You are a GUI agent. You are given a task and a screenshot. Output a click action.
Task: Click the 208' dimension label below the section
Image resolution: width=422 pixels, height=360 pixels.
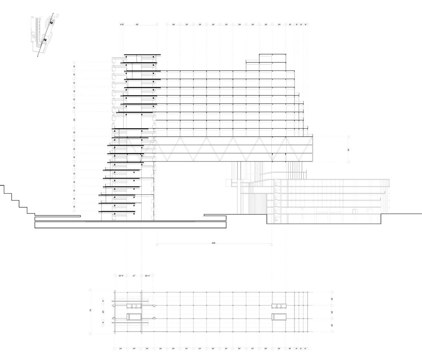tap(214, 243)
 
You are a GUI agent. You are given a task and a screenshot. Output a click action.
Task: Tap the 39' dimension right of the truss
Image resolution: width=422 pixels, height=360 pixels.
tap(349, 149)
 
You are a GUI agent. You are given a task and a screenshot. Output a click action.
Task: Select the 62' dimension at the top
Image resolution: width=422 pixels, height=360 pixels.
tap(137, 25)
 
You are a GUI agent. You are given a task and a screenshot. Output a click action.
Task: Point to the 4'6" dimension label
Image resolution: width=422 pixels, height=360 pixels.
tap(122, 25)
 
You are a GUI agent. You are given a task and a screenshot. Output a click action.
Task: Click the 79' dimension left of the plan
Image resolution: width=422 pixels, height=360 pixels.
tap(90, 311)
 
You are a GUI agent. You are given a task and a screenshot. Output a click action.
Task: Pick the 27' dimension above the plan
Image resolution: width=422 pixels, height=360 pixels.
tap(134, 276)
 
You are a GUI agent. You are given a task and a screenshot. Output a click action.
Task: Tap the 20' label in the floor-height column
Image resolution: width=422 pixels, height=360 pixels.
tap(74, 120)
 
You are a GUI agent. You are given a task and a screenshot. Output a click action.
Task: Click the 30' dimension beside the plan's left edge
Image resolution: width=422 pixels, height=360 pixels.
tap(103, 312)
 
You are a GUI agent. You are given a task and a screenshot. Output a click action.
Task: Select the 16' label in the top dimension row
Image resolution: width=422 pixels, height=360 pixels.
tap(290, 25)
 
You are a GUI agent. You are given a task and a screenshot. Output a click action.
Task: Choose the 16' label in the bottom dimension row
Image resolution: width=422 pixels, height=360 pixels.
tap(290, 349)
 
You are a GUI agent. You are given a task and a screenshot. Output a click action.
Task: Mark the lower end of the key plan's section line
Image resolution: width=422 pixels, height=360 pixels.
tap(38, 57)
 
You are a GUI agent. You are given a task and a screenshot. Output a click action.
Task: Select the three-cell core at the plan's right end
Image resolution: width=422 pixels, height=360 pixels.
tap(279, 306)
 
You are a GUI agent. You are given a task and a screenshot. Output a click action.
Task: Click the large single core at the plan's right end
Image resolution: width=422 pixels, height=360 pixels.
tap(279, 316)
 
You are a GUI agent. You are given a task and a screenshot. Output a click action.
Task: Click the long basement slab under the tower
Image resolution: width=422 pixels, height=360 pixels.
tap(130, 225)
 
